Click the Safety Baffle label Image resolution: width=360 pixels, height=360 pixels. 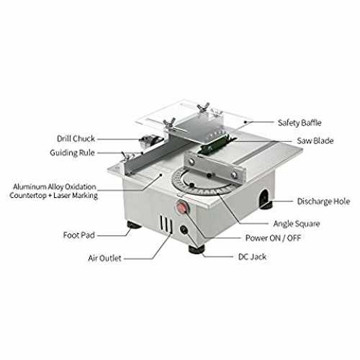click(x=300, y=123)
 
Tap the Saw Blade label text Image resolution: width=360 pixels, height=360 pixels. click(x=315, y=140)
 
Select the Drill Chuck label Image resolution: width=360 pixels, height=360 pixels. click(x=76, y=139)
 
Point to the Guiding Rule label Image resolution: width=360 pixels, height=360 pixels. click(x=72, y=153)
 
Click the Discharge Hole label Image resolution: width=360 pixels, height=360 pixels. click(x=323, y=202)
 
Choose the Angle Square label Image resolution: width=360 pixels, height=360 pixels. click(x=297, y=224)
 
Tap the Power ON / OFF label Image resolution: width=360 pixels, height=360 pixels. click(x=273, y=238)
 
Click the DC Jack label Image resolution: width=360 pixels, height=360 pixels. click(x=252, y=257)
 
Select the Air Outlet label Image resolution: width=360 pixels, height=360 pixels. click(x=104, y=258)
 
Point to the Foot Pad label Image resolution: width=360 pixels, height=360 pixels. click(x=79, y=235)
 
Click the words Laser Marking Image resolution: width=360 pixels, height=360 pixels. click(x=76, y=196)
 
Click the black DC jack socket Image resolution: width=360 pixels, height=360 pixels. click(x=184, y=230)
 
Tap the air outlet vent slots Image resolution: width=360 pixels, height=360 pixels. click(x=166, y=224)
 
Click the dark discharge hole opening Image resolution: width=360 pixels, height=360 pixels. click(x=264, y=197)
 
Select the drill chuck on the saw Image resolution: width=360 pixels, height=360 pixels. click(x=150, y=140)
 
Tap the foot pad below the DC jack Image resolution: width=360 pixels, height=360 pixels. click(x=197, y=249)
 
